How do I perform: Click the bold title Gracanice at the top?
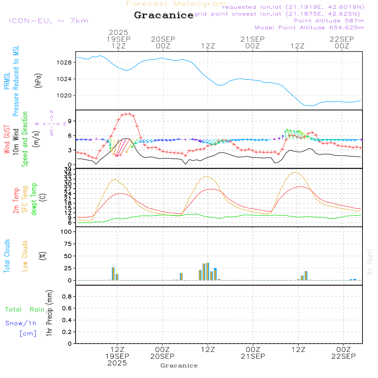pyautogui.click(x=164, y=15)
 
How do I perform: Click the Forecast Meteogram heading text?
pyautogui.click(x=176, y=4)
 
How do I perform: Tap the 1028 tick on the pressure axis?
pyautogui.click(x=65, y=62)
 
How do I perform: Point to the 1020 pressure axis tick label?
pyautogui.click(x=65, y=95)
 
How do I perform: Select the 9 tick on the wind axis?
pyautogui.click(x=70, y=121)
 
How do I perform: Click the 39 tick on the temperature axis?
pyautogui.click(x=68, y=169)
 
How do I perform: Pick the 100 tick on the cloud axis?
pyautogui.click(x=67, y=232)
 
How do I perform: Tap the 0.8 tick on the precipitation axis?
pyautogui.click(x=67, y=297)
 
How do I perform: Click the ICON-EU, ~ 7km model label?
pyautogui.click(x=48, y=21)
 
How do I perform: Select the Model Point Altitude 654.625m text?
pyautogui.click(x=310, y=28)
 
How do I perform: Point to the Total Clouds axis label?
pyautogui.click(x=7, y=256)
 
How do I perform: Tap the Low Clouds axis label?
pyautogui.click(x=25, y=256)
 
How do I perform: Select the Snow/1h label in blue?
pyautogui.click(x=21, y=323)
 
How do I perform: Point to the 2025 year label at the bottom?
pyautogui.click(x=117, y=363)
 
